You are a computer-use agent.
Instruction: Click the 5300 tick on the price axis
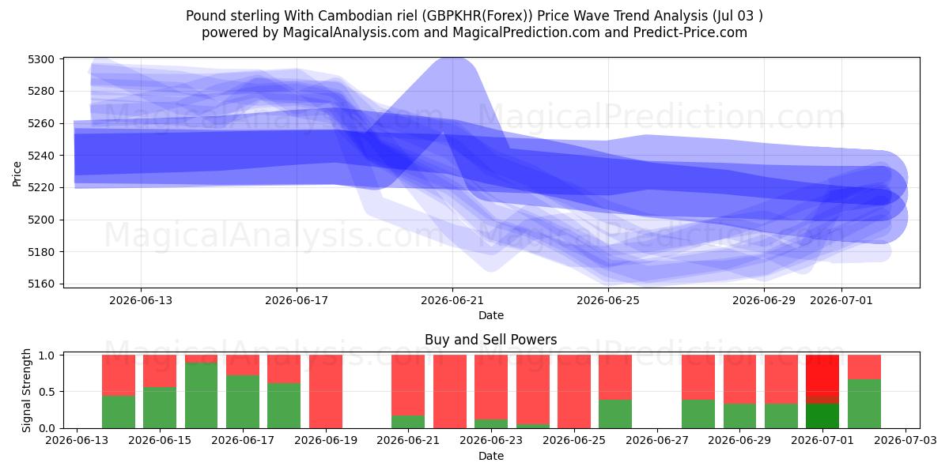coord(41,59)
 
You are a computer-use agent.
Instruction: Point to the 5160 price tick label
coord(41,284)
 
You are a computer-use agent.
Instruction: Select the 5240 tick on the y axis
coord(41,156)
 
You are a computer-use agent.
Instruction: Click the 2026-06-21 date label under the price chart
coord(452,300)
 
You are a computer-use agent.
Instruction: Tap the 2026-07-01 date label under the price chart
coord(841,300)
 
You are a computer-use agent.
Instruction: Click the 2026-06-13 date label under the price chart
coord(141,300)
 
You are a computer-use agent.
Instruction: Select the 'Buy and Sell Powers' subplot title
coord(490,340)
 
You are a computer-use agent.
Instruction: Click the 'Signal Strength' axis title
coord(26,390)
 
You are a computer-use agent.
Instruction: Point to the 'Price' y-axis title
coord(17,174)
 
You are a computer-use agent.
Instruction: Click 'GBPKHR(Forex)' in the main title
coord(478,16)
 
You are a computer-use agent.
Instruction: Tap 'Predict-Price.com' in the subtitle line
coord(690,32)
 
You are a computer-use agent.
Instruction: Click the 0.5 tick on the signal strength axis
coord(47,392)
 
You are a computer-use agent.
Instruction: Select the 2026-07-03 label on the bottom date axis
coord(906,441)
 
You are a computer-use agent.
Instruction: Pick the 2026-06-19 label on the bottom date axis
coord(326,441)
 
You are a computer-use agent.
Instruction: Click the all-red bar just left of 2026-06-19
coord(326,392)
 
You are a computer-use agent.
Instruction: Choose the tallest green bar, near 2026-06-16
coord(201,395)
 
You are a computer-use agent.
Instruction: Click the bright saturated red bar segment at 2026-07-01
coord(822,375)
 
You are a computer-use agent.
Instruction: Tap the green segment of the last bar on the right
coord(864,404)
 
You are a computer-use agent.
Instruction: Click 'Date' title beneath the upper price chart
coord(490,315)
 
